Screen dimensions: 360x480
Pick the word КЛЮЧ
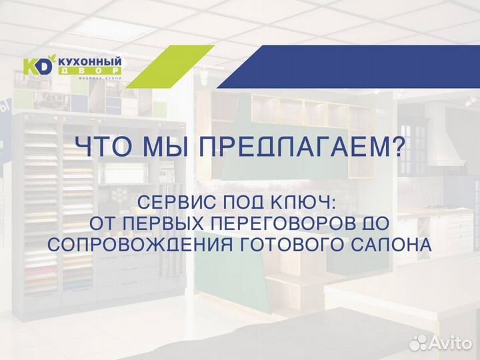tap(316, 202)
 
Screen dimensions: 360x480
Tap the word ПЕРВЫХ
tap(157, 223)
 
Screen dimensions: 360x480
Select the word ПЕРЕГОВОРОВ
tap(285, 223)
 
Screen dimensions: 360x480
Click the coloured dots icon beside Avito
tap(419, 342)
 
